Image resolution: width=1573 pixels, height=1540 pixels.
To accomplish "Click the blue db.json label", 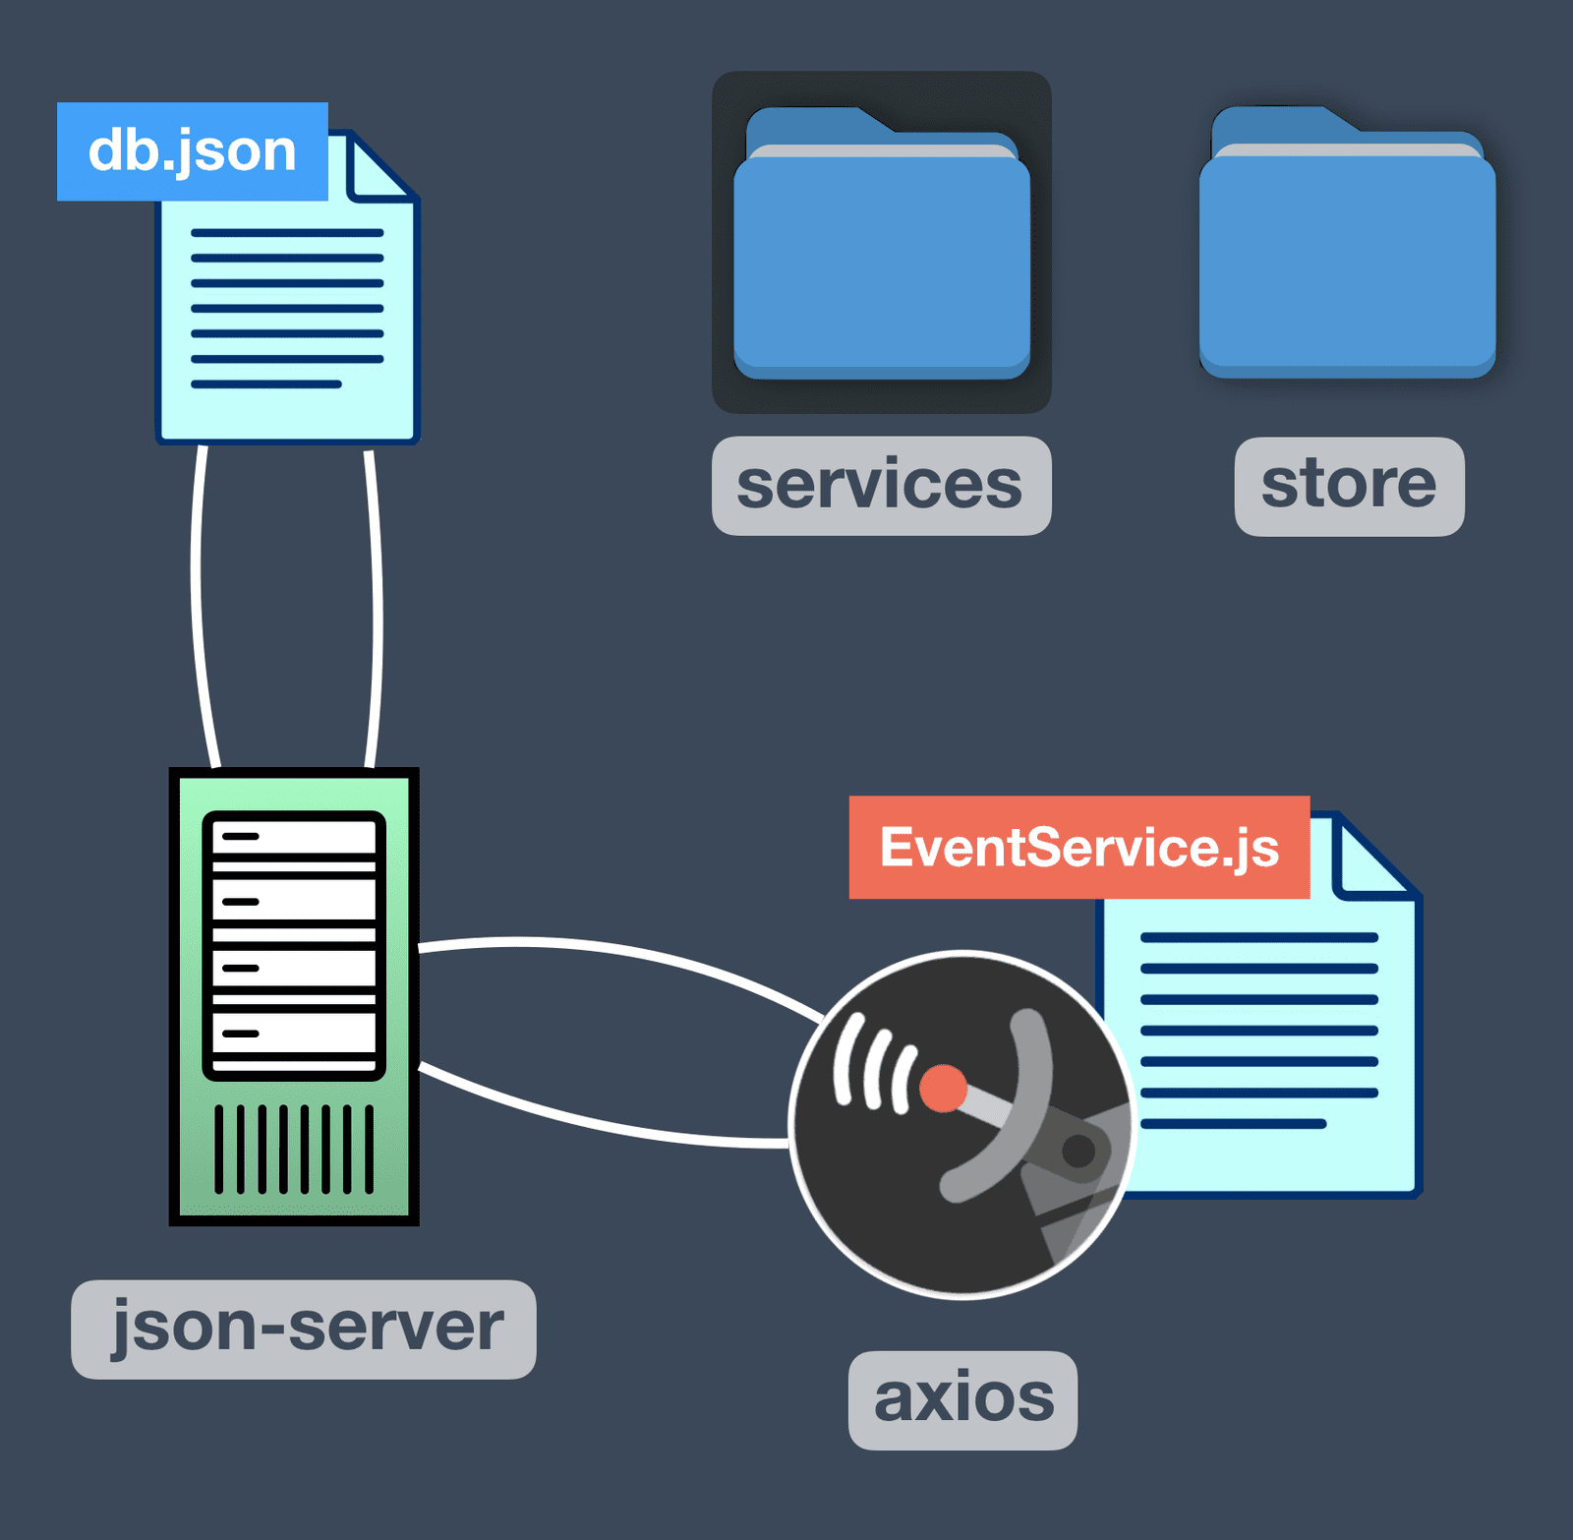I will click(x=193, y=151).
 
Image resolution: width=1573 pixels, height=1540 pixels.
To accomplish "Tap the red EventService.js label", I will click(x=1078, y=847).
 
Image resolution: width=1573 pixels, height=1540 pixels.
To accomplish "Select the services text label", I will click(x=881, y=486).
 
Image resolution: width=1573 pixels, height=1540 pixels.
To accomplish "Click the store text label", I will click(x=1349, y=486).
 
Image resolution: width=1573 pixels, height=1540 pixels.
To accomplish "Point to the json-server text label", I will click(x=304, y=1329).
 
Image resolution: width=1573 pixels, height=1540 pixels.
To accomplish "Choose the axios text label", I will click(x=962, y=1399).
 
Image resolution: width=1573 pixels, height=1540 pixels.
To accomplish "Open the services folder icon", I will click(x=881, y=246).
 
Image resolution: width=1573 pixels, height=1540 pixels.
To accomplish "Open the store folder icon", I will click(x=1347, y=246).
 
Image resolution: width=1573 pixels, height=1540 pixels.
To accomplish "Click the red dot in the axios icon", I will click(x=943, y=1089).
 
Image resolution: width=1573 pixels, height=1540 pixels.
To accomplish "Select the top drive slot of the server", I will click(x=294, y=837).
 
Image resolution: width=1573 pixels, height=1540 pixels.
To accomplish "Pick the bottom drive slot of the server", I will click(x=294, y=1034).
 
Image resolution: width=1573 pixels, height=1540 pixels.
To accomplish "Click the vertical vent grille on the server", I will click(x=294, y=1149).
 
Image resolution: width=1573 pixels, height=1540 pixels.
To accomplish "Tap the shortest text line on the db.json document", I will click(x=266, y=385).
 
